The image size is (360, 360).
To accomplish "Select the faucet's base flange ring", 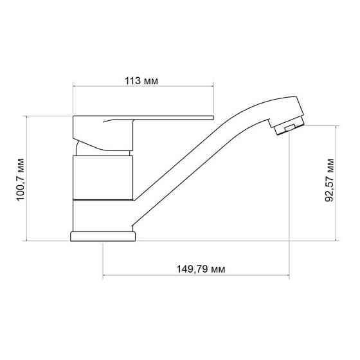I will click(x=103, y=235).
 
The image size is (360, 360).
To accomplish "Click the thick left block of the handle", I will click(x=90, y=129).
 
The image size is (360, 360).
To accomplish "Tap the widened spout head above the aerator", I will click(x=283, y=111).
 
